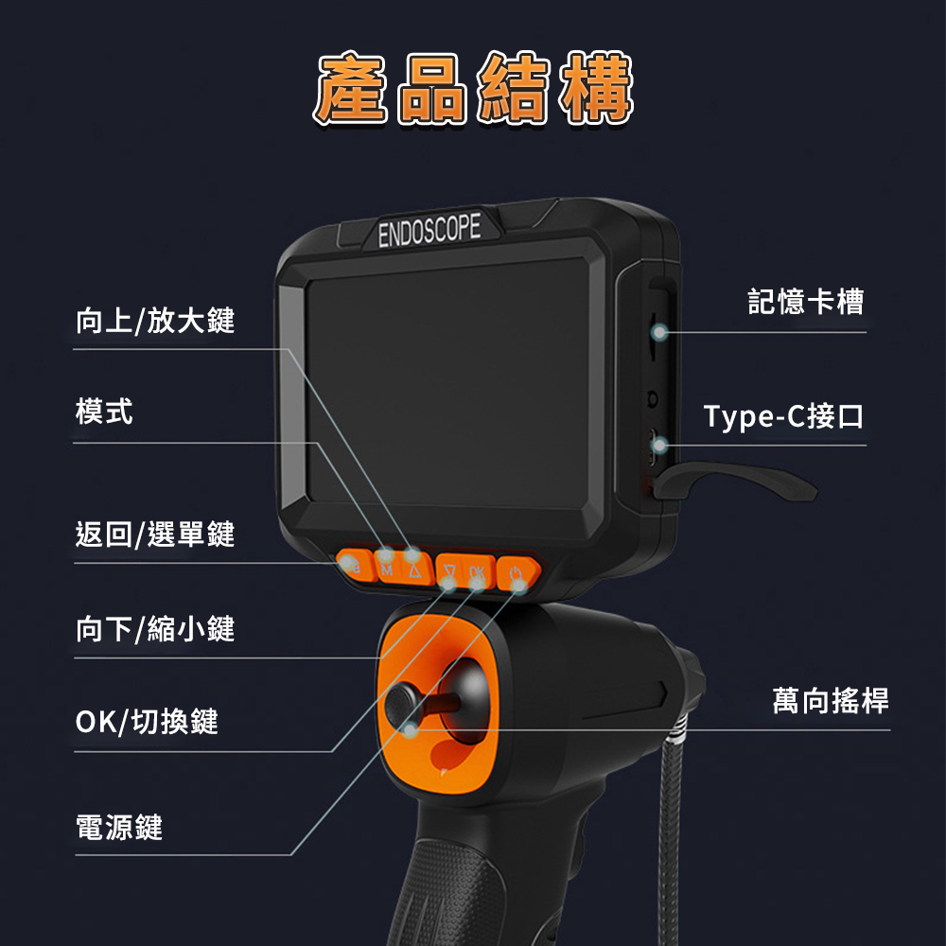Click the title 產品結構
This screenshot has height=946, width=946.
(473, 88)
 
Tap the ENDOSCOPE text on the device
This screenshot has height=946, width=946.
(429, 230)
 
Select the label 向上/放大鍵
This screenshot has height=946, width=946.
(155, 320)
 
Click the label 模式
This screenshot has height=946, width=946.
(104, 412)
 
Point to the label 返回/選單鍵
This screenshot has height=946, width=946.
(155, 534)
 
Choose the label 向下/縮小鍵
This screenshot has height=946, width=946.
(155, 629)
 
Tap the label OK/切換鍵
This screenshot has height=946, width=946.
(147, 722)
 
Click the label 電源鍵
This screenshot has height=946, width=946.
(119, 827)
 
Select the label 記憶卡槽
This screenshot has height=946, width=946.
(805, 301)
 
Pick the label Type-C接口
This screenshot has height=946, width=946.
(783, 415)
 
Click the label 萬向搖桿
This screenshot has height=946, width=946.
(831, 700)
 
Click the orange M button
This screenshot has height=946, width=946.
(387, 567)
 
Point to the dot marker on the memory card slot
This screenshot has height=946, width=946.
(659, 332)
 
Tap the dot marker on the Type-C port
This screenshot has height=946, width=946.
(659, 446)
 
